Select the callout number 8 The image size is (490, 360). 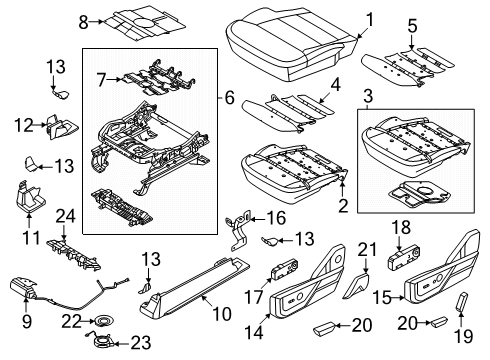pos(84,18)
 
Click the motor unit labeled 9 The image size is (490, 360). pos(29,291)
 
